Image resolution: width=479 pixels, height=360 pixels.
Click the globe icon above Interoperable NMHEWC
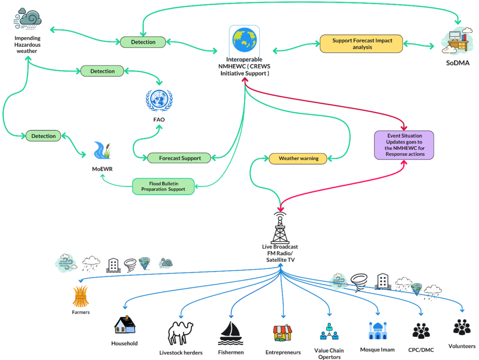point(244,40)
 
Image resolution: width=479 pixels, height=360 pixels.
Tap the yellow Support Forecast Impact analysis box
point(362,43)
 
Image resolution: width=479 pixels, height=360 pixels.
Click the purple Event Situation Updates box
point(404,145)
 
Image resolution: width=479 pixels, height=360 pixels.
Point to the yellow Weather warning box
point(298,158)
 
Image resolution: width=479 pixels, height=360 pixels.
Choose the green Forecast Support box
point(179,158)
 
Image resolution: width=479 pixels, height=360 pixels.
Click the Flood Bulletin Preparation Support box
point(163,186)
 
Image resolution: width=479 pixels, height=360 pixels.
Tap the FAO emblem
point(159,101)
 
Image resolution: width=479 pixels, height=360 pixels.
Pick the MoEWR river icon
point(102,150)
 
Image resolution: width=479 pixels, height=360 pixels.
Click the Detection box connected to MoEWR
point(44,136)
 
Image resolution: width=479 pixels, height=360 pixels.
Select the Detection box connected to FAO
point(102,71)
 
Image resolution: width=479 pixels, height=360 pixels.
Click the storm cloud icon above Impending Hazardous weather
point(28,19)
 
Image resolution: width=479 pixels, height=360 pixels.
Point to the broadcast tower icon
point(280,228)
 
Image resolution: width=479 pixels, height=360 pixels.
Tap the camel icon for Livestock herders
point(181,333)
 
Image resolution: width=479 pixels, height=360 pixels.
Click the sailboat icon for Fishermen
point(231,333)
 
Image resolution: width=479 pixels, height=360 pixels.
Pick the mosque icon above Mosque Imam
point(378,331)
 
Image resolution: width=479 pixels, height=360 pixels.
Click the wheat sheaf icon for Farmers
point(80,296)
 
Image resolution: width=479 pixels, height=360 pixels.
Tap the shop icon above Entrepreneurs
point(283,333)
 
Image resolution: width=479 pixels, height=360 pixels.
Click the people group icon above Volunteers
point(462,327)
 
